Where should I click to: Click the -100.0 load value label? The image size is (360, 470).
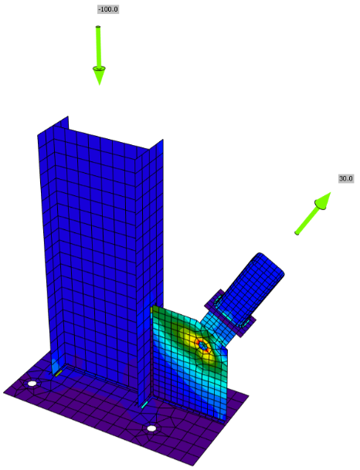(x=108, y=9)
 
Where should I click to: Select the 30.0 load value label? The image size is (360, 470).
(x=346, y=178)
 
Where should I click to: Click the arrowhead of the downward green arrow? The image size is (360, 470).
(x=99, y=76)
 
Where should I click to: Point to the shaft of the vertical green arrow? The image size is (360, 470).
(x=98, y=47)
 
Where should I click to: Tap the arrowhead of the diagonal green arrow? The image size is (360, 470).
(x=323, y=200)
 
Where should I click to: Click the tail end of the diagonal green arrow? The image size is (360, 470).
(x=297, y=233)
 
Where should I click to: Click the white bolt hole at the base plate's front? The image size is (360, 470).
(x=151, y=428)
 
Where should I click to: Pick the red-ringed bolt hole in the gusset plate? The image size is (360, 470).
(x=203, y=346)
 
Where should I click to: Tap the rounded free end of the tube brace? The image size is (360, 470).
(x=271, y=264)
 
